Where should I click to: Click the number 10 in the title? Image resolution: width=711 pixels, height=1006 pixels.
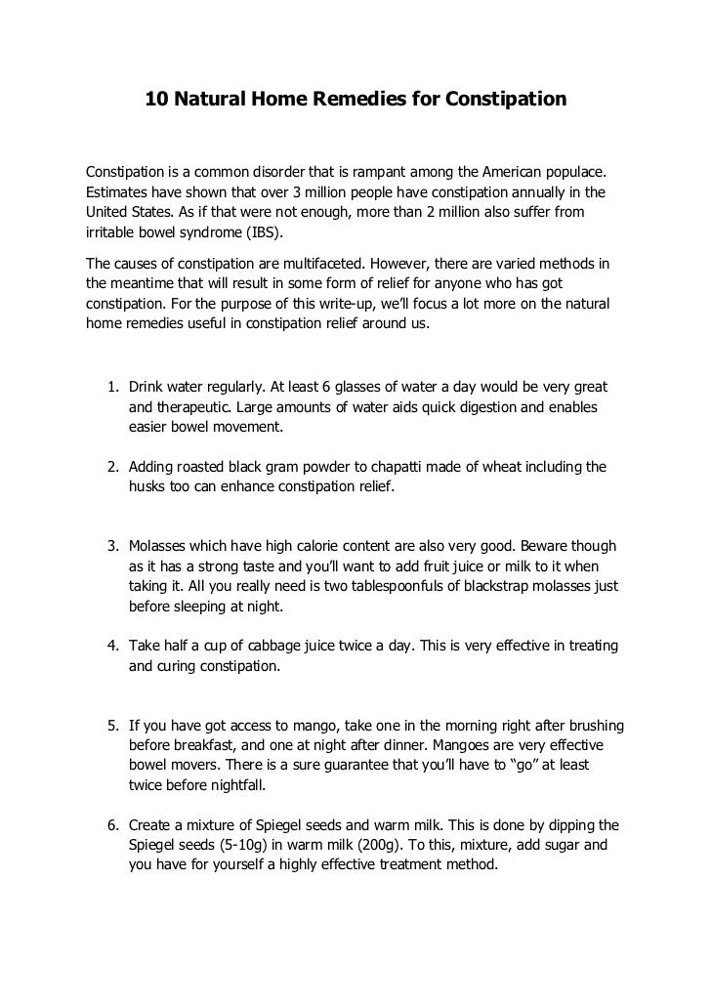click(156, 100)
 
